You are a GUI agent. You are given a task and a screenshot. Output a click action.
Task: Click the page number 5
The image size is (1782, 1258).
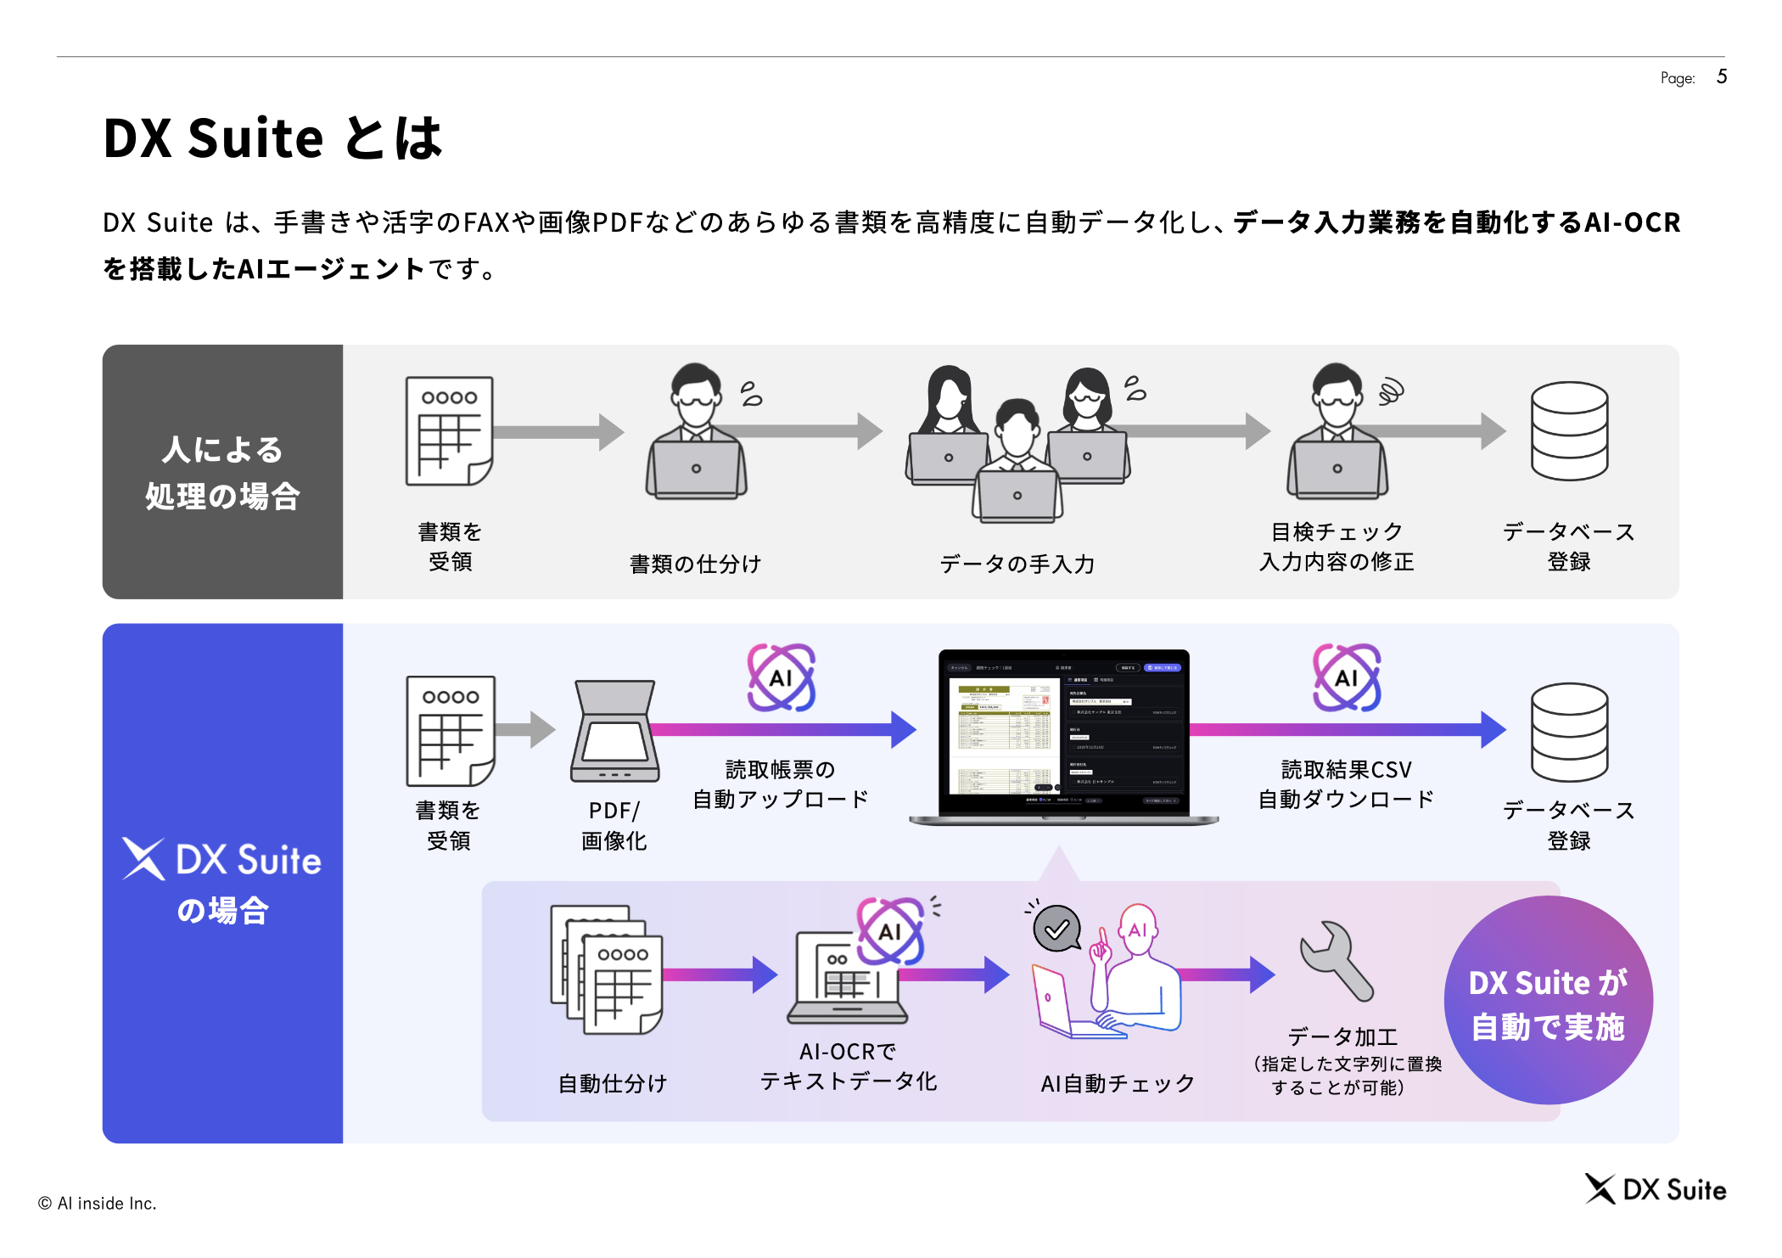(x=1722, y=76)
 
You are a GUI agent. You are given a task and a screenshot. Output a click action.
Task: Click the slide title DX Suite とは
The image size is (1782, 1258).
(x=272, y=138)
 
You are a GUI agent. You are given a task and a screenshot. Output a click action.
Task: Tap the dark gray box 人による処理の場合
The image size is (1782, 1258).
(x=222, y=472)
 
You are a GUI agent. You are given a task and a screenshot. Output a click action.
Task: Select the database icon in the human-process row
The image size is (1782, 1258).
(x=1569, y=430)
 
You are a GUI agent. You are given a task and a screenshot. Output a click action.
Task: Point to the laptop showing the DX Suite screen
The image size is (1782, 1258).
(x=1063, y=736)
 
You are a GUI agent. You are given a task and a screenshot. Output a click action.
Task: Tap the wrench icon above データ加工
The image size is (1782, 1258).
(x=1336, y=960)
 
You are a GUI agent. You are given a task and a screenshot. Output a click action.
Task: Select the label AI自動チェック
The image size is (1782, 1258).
(x=1118, y=1083)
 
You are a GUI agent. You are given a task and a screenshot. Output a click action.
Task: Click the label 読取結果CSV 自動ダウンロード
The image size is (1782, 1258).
(x=1346, y=784)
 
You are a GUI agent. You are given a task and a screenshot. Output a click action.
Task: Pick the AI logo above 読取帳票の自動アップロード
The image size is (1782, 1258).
(x=781, y=677)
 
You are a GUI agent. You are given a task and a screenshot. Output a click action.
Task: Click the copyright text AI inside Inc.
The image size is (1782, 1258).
(x=98, y=1203)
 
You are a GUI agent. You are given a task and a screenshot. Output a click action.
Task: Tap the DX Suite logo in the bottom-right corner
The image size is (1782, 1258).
(x=1655, y=1189)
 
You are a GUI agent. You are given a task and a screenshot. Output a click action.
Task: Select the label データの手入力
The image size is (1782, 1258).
(x=1017, y=564)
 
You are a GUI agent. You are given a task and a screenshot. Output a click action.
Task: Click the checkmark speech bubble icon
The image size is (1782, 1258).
(x=1056, y=929)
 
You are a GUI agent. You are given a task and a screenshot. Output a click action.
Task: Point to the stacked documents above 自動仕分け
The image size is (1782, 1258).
(x=607, y=969)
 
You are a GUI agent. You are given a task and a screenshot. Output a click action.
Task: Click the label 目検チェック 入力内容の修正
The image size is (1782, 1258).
(x=1336, y=547)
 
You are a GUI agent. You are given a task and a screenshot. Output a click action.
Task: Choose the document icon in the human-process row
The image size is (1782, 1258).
(x=449, y=430)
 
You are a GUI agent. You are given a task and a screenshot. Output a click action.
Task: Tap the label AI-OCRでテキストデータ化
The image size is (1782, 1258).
(x=848, y=1066)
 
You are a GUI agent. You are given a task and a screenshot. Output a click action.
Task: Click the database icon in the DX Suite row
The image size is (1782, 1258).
(x=1569, y=732)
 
